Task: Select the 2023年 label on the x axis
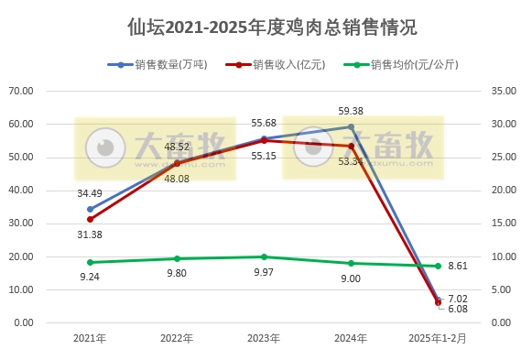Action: (x=264, y=338)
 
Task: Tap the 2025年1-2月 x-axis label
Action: (x=438, y=338)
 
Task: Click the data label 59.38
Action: (x=350, y=111)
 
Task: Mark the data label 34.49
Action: (x=90, y=193)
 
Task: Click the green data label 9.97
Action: (x=264, y=273)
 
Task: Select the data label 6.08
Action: (x=459, y=309)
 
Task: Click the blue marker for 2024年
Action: (x=351, y=126)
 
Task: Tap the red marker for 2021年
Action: (x=90, y=219)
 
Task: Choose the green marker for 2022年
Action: (x=177, y=258)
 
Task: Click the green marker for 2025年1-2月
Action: (x=438, y=266)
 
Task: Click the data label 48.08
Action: (x=177, y=179)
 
